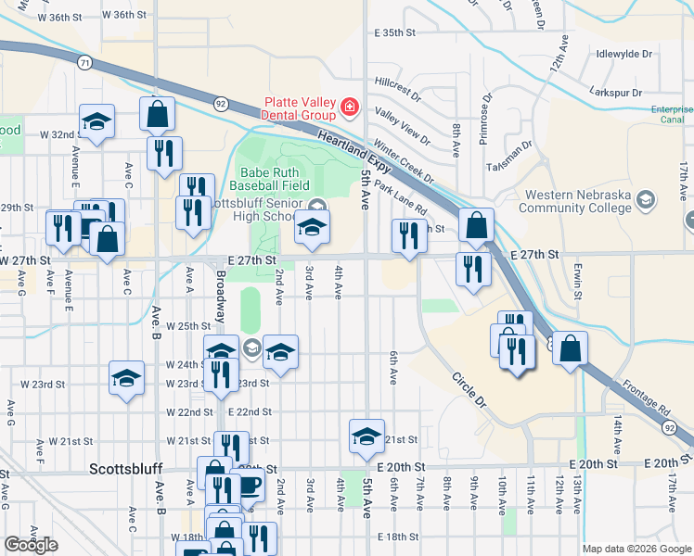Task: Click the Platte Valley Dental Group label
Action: (x=300, y=108)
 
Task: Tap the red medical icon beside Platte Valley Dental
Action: (x=349, y=108)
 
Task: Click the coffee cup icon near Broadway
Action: (x=250, y=485)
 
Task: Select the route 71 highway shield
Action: (x=84, y=62)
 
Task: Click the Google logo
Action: (x=31, y=545)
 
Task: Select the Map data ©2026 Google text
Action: (x=637, y=549)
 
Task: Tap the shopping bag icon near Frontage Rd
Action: (x=572, y=349)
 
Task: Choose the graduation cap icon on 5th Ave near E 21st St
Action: (x=366, y=435)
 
